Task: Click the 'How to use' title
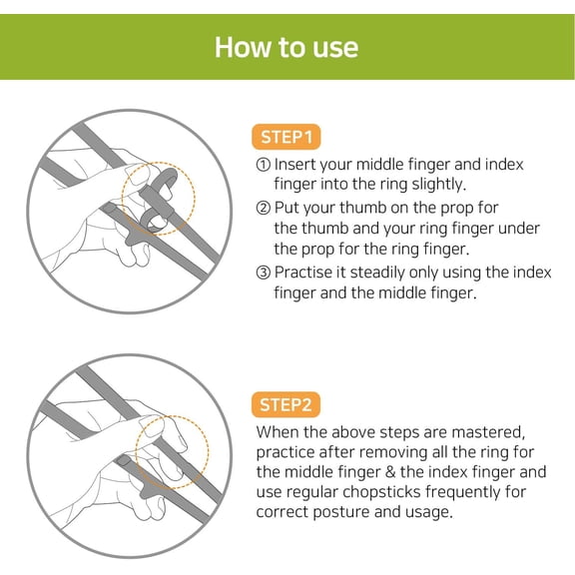[287, 47]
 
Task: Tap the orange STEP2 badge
[287, 404]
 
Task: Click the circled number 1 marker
[264, 165]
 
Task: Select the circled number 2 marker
[264, 209]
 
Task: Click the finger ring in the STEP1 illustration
[160, 201]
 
